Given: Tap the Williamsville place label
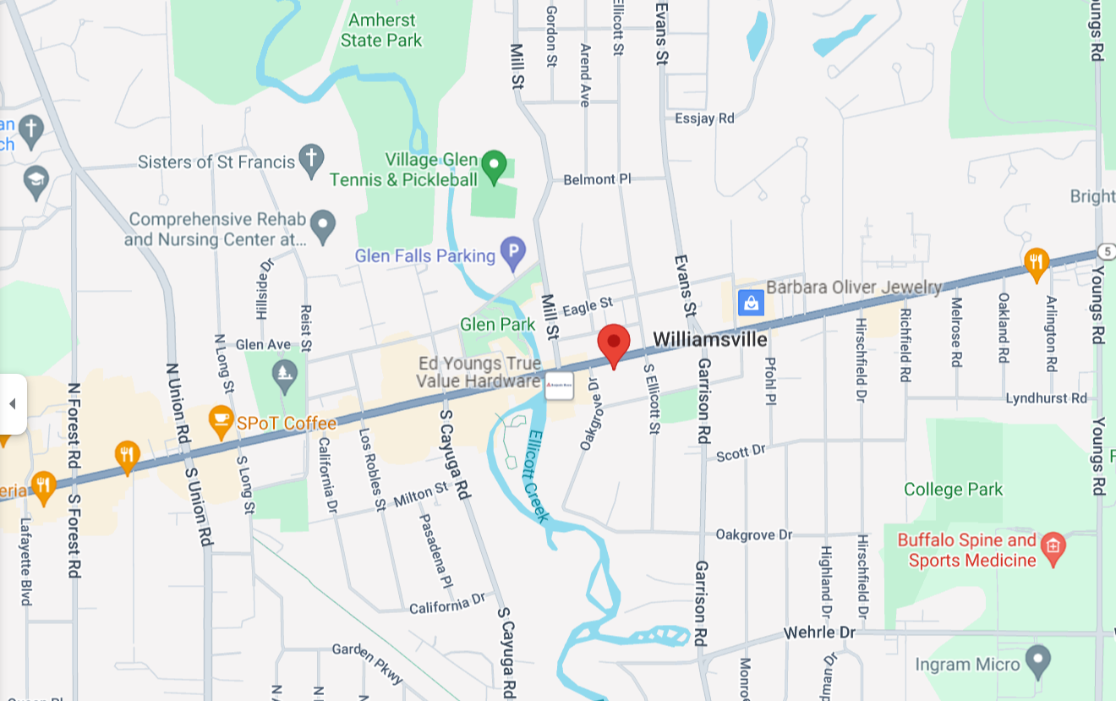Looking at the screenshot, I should click(x=710, y=340).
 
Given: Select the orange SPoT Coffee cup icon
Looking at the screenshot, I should click(x=221, y=421).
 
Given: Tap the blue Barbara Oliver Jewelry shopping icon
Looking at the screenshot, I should click(x=751, y=302).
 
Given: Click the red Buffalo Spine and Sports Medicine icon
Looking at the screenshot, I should click(x=1053, y=547).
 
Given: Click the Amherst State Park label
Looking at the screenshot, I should click(x=381, y=30).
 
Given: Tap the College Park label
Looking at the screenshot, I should click(x=953, y=490).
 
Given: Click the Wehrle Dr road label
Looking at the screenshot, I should click(x=819, y=633).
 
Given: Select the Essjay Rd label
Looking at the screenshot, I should click(x=704, y=118).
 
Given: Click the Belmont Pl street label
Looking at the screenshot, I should click(x=597, y=179).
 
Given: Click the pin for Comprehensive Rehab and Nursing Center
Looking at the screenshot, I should click(x=322, y=226).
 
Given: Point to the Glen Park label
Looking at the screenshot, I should click(x=497, y=325).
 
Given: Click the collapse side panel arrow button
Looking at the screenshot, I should click(x=13, y=403).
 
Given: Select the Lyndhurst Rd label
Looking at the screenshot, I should click(x=1046, y=397).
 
